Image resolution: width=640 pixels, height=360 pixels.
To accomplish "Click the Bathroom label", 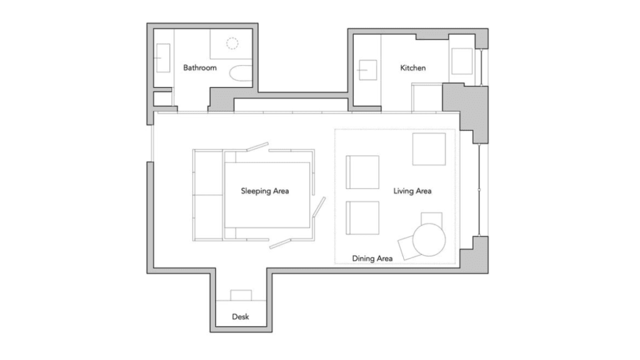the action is coord(199,67).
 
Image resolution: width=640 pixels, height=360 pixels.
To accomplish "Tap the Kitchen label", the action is coord(412,67).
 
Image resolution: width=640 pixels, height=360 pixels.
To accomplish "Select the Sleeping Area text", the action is coord(264,191).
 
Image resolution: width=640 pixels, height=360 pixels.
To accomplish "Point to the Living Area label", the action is coord(412,191).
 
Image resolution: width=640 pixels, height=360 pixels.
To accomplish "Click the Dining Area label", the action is coord(372,258).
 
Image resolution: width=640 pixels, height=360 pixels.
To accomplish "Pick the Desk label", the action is coord(241,317).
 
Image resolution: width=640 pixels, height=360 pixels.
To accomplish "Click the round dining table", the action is coord(429,239).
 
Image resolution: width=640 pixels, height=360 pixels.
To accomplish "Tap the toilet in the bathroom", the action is coord(241,74).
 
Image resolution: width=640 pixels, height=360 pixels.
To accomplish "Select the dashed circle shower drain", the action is coord(232,43).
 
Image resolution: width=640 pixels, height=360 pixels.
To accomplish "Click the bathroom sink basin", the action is coord(163,58).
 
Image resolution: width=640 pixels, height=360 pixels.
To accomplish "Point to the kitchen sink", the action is coord(367,70).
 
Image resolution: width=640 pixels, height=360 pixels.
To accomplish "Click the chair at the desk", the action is coord(241,295).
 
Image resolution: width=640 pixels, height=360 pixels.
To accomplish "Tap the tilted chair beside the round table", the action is coord(409,247).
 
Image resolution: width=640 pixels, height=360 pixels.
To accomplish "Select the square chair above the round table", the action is coord(431,218).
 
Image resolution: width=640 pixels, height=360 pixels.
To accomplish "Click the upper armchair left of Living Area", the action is coord(362,172).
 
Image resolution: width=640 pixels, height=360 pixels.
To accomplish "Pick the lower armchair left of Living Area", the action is coord(362,218).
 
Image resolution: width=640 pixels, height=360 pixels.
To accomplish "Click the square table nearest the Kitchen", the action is coord(429,149).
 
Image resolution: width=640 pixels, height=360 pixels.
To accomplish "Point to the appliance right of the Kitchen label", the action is coord(462,61).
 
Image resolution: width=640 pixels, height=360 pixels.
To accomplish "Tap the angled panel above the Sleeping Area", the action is coord(257,146).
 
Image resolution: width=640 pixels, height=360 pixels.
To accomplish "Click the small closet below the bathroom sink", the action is coord(162,99).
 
